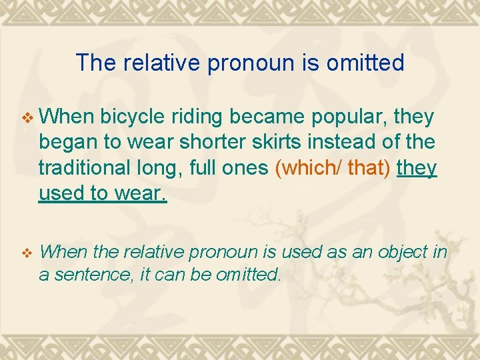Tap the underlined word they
(417, 167)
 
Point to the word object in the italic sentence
(401, 252)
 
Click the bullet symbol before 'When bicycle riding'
(27, 119)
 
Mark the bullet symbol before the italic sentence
(27, 253)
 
